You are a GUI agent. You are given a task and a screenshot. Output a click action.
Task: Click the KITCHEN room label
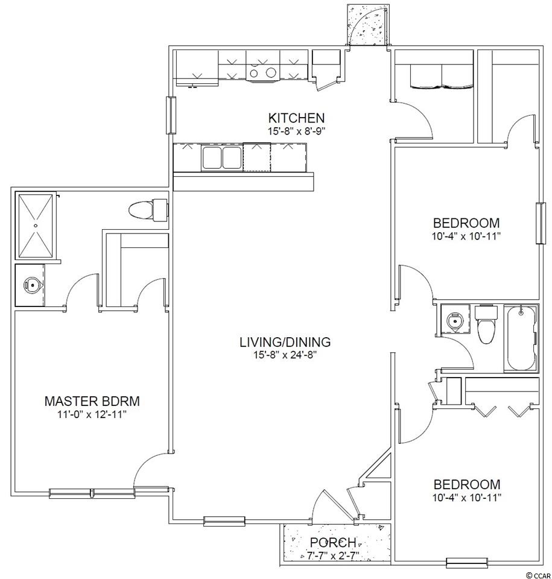pyautogui.click(x=296, y=118)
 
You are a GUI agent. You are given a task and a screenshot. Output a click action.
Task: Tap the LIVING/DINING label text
pyautogui.click(x=285, y=343)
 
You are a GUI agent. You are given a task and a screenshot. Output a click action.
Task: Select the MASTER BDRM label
pyautogui.click(x=92, y=401)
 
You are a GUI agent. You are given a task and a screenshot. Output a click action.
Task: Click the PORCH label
pyautogui.click(x=333, y=542)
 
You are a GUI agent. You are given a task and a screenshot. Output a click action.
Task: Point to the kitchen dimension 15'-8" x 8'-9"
pyautogui.click(x=296, y=131)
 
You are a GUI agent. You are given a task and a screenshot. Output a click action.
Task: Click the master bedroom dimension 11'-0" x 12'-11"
pyautogui.click(x=92, y=414)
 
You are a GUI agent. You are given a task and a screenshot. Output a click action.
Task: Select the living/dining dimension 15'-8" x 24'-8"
pyautogui.click(x=285, y=355)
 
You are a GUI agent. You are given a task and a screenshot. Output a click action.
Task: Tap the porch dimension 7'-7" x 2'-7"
pyautogui.click(x=333, y=555)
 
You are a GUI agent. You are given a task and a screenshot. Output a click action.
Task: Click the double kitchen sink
pyautogui.click(x=221, y=157)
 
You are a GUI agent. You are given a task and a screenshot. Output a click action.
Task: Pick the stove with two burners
pyautogui.click(x=262, y=72)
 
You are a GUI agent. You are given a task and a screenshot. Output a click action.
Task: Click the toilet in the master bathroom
pyautogui.click(x=148, y=210)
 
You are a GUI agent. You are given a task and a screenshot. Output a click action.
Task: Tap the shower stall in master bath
pyautogui.click(x=36, y=226)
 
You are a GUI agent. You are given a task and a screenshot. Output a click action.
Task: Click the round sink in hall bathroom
pyautogui.click(x=453, y=320)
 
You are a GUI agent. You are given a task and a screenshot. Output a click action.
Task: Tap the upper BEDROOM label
pyautogui.click(x=466, y=223)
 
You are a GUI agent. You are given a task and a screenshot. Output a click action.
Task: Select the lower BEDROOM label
pyautogui.click(x=467, y=484)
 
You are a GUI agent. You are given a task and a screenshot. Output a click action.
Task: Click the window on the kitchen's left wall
pyautogui.click(x=171, y=115)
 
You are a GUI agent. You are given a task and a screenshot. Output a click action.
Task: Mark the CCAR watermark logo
pyautogui.click(x=539, y=575)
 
